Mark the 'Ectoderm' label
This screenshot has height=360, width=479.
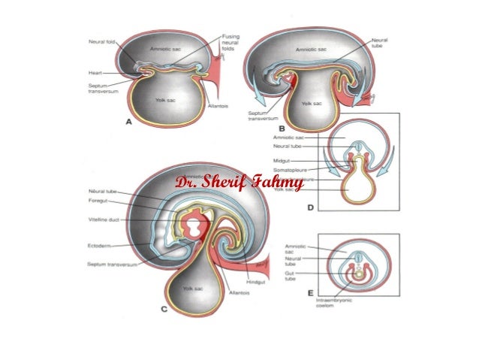[100, 245]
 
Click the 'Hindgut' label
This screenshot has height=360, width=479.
[247, 283]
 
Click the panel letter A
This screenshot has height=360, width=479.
[128, 121]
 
